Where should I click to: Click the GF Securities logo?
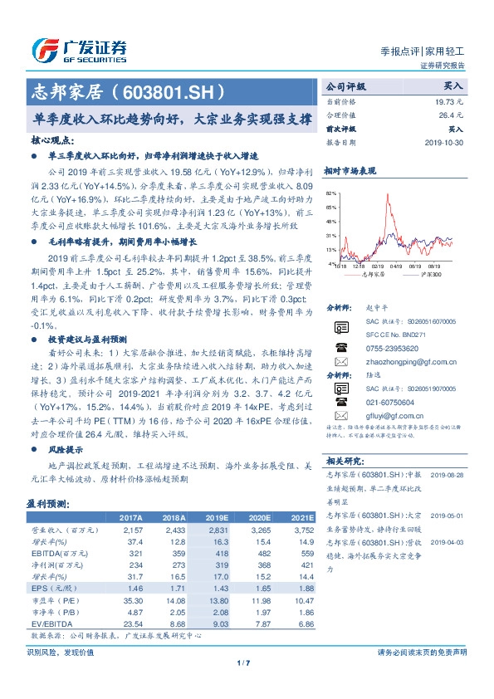(79, 49)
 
